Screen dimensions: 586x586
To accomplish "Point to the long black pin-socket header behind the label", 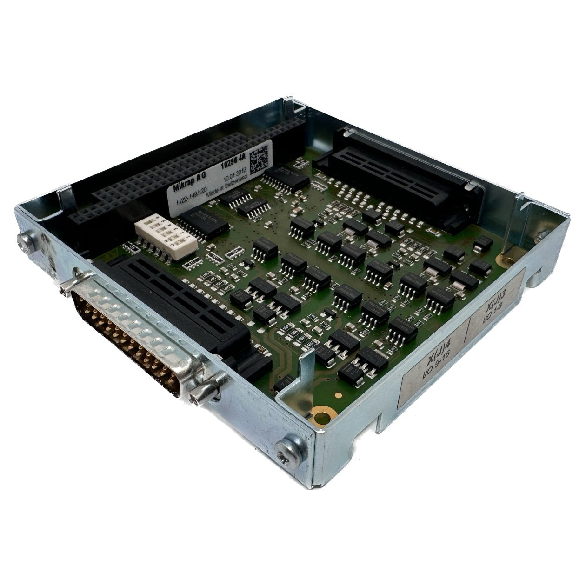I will (172, 172).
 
